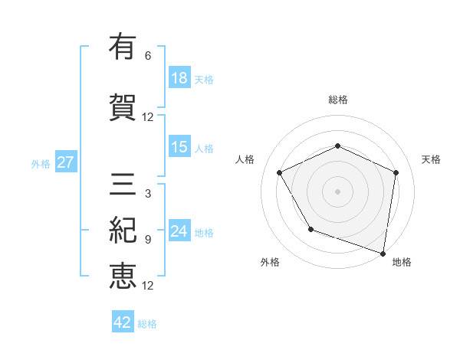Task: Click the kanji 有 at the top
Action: click(123, 48)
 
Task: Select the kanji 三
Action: click(123, 184)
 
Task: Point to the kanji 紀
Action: click(123, 229)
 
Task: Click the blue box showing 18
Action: click(179, 78)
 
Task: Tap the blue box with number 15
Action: click(179, 147)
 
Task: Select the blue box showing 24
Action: click(179, 231)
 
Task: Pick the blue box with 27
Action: click(65, 162)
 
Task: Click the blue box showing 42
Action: click(123, 322)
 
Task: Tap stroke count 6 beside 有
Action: click(148, 56)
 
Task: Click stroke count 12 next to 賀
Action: click(148, 117)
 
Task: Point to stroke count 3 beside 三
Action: click(148, 194)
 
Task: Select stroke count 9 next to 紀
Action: click(148, 240)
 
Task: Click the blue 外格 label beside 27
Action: click(41, 163)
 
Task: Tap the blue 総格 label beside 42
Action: click(147, 323)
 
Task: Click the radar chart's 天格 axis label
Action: click(431, 159)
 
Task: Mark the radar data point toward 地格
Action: click(383, 253)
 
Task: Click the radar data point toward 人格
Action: click(280, 172)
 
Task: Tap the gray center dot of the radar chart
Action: click(337, 191)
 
